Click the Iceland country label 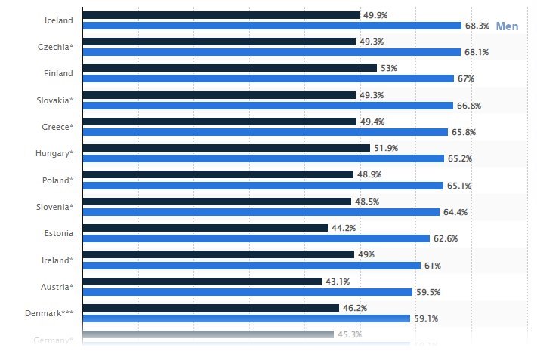[59, 20]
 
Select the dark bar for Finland [229, 68]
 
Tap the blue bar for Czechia [271, 52]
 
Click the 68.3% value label [477, 26]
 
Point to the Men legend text [507, 26]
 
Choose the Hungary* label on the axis [54, 153]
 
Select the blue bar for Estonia [256, 238]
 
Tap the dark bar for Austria [202, 282]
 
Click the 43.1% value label [337, 282]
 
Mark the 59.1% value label [425, 318]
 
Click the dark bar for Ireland [218, 254]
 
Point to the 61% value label [432, 266]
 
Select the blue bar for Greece [264, 132]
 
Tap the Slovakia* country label [55, 100]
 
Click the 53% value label [389, 68]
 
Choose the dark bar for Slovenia [216, 202]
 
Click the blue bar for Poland [262, 186]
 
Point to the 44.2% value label [343, 228]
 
